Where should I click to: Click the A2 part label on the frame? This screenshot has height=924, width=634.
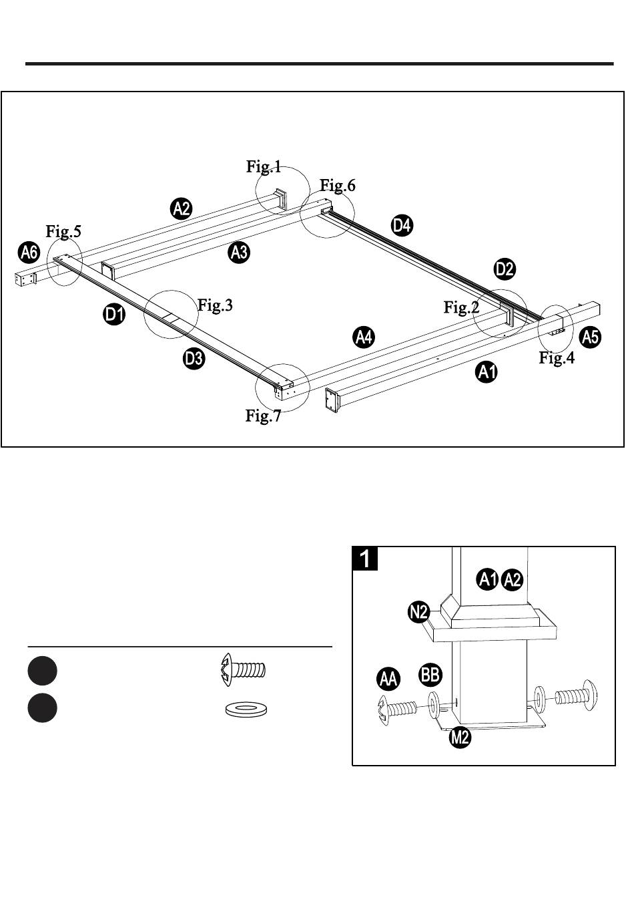182,208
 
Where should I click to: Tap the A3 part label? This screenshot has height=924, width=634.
239,252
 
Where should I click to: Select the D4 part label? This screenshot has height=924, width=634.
402,225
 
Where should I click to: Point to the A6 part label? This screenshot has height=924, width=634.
29,252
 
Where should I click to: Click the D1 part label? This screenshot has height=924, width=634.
114,314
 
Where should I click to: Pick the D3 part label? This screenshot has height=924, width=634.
194,358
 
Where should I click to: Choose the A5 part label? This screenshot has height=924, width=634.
590,337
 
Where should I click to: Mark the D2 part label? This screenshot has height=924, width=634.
505,269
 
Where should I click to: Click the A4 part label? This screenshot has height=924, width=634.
364,337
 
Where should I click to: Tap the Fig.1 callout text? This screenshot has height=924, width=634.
264,166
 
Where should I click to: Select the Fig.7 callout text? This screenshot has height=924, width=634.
263,416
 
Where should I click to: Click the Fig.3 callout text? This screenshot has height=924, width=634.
215,305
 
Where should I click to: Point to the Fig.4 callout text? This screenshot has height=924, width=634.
557,357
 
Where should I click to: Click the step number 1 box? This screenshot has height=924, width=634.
365,559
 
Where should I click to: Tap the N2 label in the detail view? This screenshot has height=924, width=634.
418,612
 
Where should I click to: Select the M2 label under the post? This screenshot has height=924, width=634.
460,736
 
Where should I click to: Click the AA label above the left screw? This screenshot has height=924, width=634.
388,679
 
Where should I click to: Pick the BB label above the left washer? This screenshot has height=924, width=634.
430,675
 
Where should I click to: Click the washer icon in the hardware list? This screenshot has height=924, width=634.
246,709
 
